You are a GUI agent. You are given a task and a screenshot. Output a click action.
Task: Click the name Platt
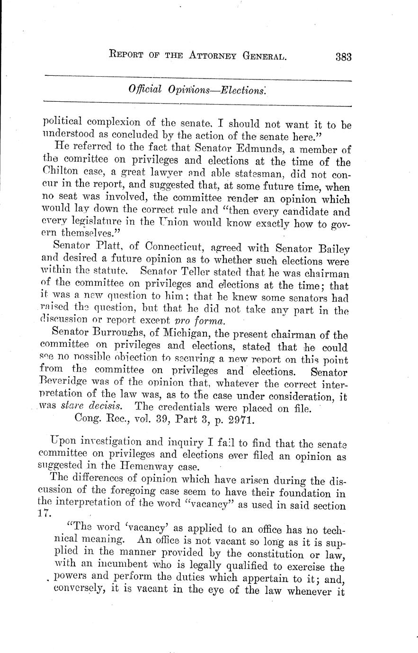[112, 247]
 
